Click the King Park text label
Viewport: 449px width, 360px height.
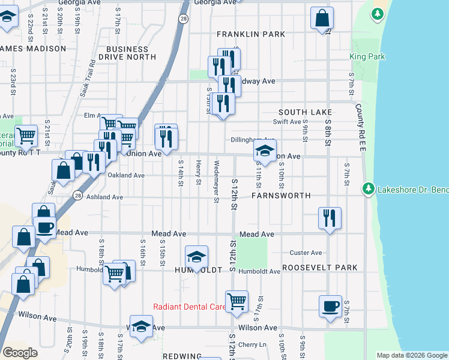pyautogui.click(x=367, y=57)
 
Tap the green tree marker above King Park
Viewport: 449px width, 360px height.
pyautogui.click(x=378, y=14)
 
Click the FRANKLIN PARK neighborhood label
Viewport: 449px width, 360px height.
pyautogui.click(x=251, y=35)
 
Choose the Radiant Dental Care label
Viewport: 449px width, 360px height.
pyautogui.click(x=189, y=307)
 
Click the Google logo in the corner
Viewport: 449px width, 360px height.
pyautogui.click(x=20, y=353)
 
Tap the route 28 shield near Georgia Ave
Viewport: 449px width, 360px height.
pyautogui.click(x=182, y=19)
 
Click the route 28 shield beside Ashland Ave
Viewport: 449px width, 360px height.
pyautogui.click(x=78, y=196)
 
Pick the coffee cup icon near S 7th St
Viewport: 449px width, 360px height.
pyautogui.click(x=330, y=306)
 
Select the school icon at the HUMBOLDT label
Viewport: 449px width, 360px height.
pyautogui.click(x=196, y=256)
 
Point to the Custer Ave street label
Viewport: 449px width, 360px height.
pyautogui.click(x=306, y=253)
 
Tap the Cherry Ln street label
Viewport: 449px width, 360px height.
pyautogui.click(x=252, y=344)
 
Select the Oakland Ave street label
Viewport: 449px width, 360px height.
pyautogui.click(x=126, y=175)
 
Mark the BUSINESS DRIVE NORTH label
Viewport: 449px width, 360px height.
pyautogui.click(x=134, y=53)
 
